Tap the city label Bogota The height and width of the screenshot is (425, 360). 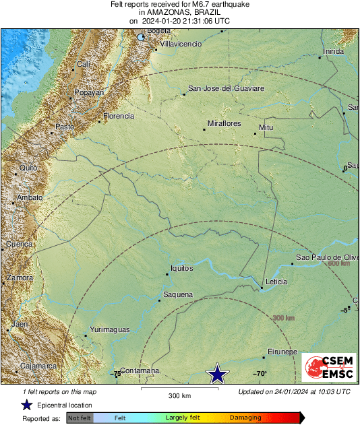(x=158, y=31)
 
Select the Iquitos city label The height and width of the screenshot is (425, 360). (x=182, y=268)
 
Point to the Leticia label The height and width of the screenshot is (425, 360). (x=276, y=282)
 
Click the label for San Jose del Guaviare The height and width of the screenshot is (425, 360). (x=226, y=88)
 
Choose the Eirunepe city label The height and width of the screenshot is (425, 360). (x=282, y=352)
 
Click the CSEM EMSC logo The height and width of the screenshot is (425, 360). (x=328, y=368)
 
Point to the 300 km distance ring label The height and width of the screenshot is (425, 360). (x=284, y=318)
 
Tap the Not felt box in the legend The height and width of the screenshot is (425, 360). (x=79, y=418)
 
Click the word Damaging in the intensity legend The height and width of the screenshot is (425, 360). (x=245, y=418)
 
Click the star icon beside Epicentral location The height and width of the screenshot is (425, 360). (x=26, y=405)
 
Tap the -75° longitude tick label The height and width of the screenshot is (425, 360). (x=116, y=373)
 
